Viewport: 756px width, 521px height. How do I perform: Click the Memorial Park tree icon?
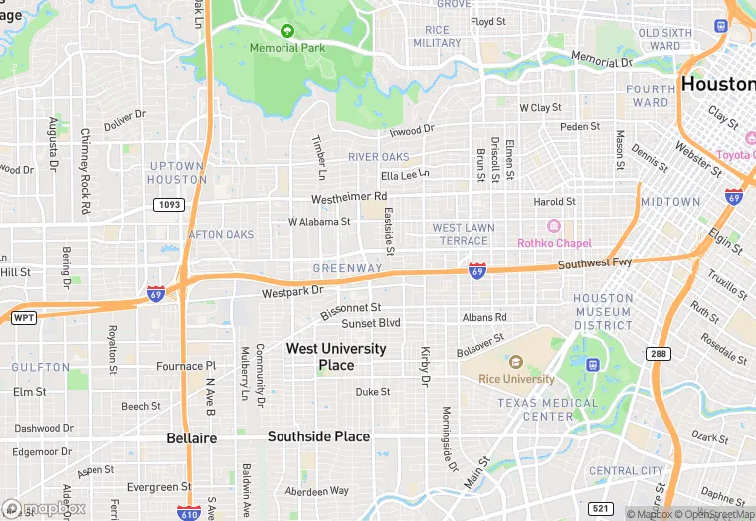pyautogui.click(x=287, y=31)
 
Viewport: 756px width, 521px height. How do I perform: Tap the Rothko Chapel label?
pyautogui.click(x=554, y=243)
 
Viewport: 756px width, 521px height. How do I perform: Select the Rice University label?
pyautogui.click(x=515, y=379)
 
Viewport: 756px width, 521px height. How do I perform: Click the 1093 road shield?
pyautogui.click(x=168, y=204)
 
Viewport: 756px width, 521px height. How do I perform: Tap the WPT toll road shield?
pyautogui.click(x=22, y=318)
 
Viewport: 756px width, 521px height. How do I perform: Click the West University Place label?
pyautogui.click(x=336, y=357)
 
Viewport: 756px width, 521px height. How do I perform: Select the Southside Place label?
pyautogui.click(x=318, y=436)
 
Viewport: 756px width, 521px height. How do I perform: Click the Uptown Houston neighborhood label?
pyautogui.click(x=177, y=173)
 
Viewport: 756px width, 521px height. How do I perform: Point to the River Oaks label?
pyautogui.click(x=379, y=157)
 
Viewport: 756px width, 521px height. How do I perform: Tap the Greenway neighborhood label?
pyautogui.click(x=347, y=268)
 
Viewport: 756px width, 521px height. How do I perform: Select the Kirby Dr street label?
pyautogui.click(x=425, y=366)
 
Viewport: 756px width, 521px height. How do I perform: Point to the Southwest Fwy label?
pyautogui.click(x=595, y=264)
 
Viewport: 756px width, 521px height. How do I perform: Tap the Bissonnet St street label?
pyautogui.click(x=351, y=310)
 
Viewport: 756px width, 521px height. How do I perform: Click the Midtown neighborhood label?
pyautogui.click(x=670, y=202)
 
